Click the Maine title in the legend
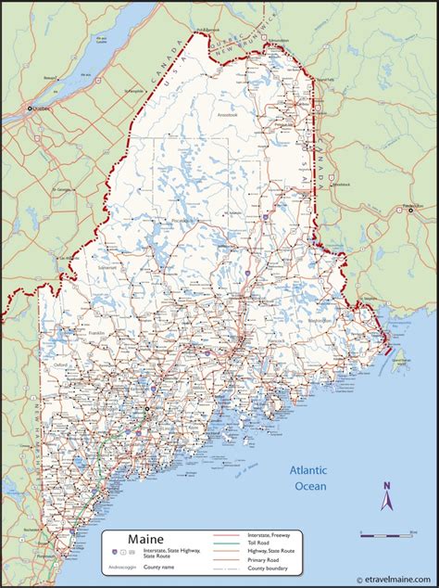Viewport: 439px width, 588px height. pos(128,537)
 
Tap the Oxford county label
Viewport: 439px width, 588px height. pos(62,364)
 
